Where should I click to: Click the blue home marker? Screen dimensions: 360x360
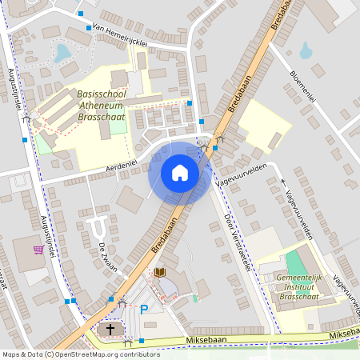180,172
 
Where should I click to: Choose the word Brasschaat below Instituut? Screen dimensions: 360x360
301,296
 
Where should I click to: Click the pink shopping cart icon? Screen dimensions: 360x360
38,249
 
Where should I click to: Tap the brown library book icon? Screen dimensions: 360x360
160,273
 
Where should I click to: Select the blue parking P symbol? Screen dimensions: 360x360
144,310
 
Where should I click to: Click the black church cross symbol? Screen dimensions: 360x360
111,329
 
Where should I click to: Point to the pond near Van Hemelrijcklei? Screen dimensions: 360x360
62,54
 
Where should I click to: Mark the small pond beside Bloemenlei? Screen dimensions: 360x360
306,51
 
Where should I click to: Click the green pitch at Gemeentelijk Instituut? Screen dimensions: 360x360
297,262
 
